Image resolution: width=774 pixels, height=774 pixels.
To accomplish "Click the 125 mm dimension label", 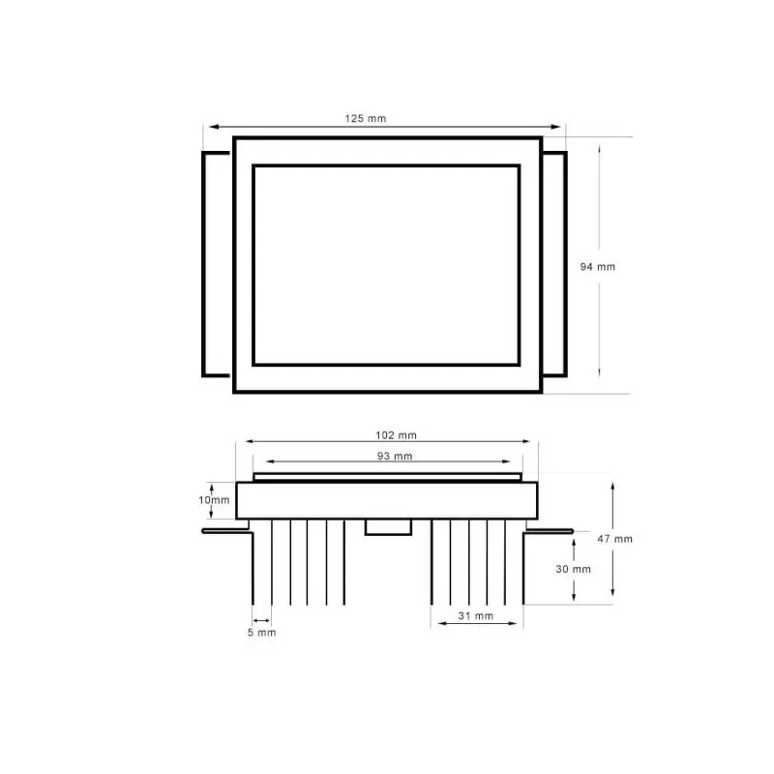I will (365, 118).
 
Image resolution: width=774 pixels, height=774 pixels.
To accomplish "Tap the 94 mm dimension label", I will (597, 266).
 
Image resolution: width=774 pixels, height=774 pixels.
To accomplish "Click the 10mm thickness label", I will (214, 500).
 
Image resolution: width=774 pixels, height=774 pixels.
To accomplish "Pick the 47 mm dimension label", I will (616, 538).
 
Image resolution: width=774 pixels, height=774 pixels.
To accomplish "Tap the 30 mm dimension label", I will (574, 569).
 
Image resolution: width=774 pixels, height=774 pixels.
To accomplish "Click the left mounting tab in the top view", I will (217, 263).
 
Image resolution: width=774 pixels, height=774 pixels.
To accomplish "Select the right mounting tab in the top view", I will (554, 263).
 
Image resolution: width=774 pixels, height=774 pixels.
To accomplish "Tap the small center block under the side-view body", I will (387, 526).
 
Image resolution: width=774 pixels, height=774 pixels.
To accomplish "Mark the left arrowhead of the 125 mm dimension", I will (208, 127).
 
